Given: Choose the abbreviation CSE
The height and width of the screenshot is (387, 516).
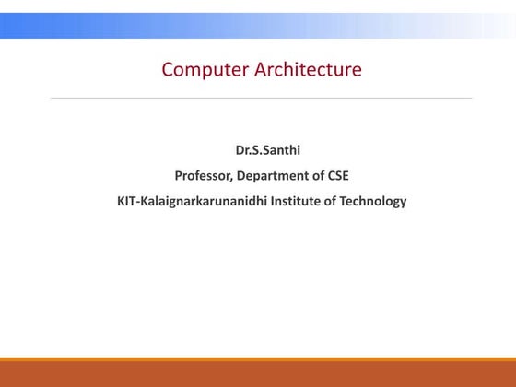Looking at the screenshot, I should (x=337, y=175).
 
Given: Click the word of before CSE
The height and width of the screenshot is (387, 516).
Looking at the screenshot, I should (x=316, y=175).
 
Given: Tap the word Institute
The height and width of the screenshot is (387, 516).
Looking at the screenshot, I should (x=297, y=201).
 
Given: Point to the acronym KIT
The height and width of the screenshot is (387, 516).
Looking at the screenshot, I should (x=127, y=201).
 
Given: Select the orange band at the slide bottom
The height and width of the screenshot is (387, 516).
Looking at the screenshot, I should (x=258, y=373).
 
